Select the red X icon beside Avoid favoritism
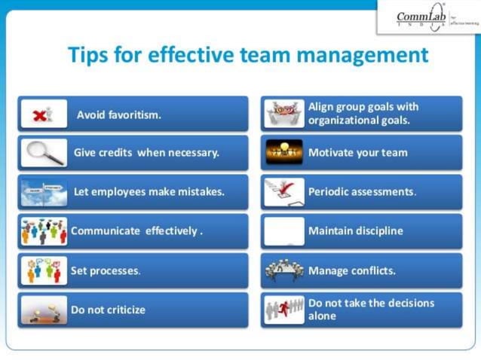[x=43, y=114]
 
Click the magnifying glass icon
[x=43, y=153]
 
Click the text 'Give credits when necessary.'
[x=146, y=153]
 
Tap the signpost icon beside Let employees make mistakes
[x=43, y=192]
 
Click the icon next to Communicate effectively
[x=43, y=231]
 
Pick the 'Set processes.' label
[x=106, y=270]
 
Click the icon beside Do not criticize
[x=43, y=310]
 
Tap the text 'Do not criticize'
[x=108, y=310]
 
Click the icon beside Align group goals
[x=284, y=114]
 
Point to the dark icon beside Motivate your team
[x=284, y=153]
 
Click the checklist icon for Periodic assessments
[x=284, y=192]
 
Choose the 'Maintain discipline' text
[x=355, y=231]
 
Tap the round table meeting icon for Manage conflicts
[x=284, y=270]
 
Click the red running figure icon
[x=284, y=309]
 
